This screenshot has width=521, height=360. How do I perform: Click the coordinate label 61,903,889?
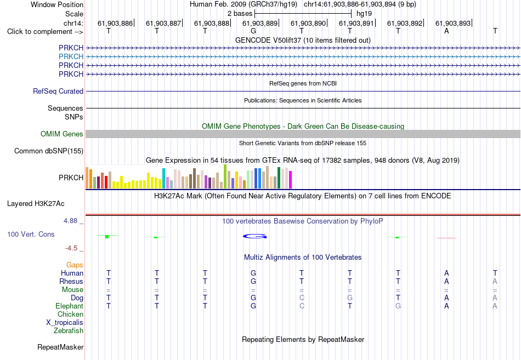tap(259, 23)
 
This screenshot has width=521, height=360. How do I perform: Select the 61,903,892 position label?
tap(404, 23)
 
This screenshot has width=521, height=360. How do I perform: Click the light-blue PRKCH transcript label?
tap(71, 56)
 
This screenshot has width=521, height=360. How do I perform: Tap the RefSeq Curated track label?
tap(58, 91)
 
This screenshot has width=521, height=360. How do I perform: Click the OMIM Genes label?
tap(62, 134)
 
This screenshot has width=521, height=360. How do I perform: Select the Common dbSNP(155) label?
tap(49, 151)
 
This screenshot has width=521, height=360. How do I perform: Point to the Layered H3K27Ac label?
tap(36, 204)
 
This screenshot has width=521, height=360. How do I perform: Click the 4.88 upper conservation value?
tap(70, 221)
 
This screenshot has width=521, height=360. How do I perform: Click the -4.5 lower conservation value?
tap(71, 248)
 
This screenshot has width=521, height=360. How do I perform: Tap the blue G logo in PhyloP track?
tap(255, 236)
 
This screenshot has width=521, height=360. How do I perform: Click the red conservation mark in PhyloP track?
tap(446, 238)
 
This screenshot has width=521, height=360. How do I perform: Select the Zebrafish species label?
tap(69, 331)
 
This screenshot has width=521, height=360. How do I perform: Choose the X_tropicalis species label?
tap(65, 323)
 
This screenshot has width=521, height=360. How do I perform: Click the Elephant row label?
tap(70, 306)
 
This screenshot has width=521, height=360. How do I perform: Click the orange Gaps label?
tap(75, 265)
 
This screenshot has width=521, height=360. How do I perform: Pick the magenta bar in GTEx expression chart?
tap(291, 180)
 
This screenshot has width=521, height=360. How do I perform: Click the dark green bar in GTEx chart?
tap(279, 178)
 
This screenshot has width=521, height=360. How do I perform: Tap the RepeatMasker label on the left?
tap(60, 347)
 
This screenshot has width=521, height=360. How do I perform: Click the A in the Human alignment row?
tap(446, 273)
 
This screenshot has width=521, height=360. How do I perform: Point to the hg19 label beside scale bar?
tap(364, 14)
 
